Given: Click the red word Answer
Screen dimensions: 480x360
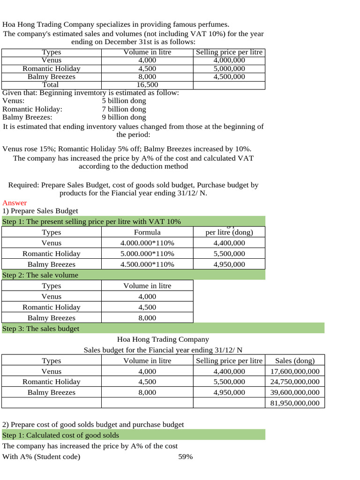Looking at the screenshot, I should pyautogui.click(x=15, y=203).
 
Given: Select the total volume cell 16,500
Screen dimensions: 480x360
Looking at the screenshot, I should pyautogui.click(x=147, y=85).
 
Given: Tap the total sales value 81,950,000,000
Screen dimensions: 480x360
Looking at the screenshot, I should pyautogui.click(x=295, y=403).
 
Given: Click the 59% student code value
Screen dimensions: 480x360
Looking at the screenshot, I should pyautogui.click(x=186, y=457).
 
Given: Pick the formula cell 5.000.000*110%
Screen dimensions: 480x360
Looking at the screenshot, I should pyautogui.click(x=147, y=254).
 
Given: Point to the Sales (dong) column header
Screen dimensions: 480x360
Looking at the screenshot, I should pyautogui.click(x=295, y=360).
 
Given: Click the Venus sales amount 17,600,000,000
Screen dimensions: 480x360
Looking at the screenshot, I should pyautogui.click(x=295, y=371).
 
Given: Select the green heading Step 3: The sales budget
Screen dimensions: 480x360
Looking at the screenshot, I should pyautogui.click(x=41, y=329).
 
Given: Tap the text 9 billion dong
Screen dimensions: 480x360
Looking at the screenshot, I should pyautogui.click(x=124, y=117).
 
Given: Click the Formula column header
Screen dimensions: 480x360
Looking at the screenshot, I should pyautogui.click(x=147, y=232).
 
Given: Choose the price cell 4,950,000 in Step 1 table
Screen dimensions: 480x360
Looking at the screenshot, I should pyautogui.click(x=229, y=264).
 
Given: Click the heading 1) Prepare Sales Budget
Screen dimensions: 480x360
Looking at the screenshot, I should pyautogui.click(x=40, y=211).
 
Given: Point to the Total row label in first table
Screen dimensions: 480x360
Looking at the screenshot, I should pyautogui.click(x=51, y=85).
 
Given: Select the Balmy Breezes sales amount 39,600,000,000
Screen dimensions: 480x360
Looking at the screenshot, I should pyautogui.click(x=295, y=392).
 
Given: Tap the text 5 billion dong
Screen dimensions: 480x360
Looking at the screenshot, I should pyautogui.click(x=124, y=100).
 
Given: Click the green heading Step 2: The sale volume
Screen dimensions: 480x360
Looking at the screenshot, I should pyautogui.click(x=40, y=275).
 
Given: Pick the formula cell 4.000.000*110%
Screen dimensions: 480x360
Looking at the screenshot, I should pyautogui.click(x=147, y=243).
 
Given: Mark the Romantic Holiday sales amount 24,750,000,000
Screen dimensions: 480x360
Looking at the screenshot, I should pyautogui.click(x=295, y=382).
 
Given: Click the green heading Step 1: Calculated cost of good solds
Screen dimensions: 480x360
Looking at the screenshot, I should pyautogui.click(x=61, y=435).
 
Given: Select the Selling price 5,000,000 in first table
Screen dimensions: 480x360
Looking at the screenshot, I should pyautogui.click(x=229, y=68).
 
